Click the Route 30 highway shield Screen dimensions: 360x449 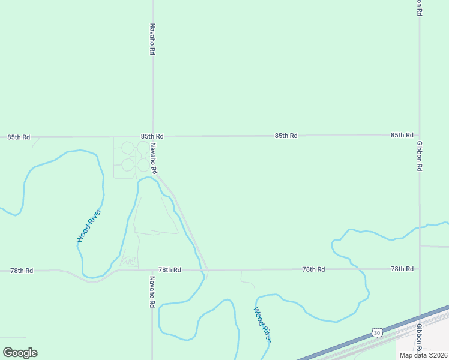coord(376,332)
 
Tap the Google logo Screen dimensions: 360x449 coord(20,352)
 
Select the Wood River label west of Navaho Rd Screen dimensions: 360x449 coord(88,226)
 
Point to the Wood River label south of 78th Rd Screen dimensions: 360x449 coord(262,325)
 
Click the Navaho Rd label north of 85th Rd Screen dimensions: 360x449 coord(152,40)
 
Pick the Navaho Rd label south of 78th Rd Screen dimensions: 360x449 coord(152,292)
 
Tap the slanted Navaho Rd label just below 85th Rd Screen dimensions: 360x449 coord(154,158)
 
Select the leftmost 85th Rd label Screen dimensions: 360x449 coord(19,137)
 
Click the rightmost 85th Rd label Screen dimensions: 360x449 coord(402,136)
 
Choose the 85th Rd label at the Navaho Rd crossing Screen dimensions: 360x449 coord(152,137)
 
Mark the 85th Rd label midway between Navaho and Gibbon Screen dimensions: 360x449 coord(286,136)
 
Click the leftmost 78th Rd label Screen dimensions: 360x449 coord(22,271)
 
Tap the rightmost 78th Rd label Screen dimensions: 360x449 coord(402,269)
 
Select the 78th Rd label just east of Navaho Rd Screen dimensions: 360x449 coord(170,270)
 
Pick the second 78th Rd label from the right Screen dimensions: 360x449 coord(313,270)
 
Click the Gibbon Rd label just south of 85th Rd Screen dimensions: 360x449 coord(420,156)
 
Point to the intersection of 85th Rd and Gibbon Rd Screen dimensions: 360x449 coord(419,136)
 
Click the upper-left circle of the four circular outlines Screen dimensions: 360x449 coord(128,148)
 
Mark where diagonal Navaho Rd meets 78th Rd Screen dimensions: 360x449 coord(208,269)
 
